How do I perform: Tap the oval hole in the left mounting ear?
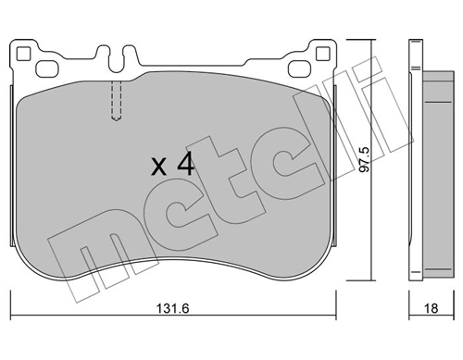44,68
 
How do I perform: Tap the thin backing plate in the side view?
413,167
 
